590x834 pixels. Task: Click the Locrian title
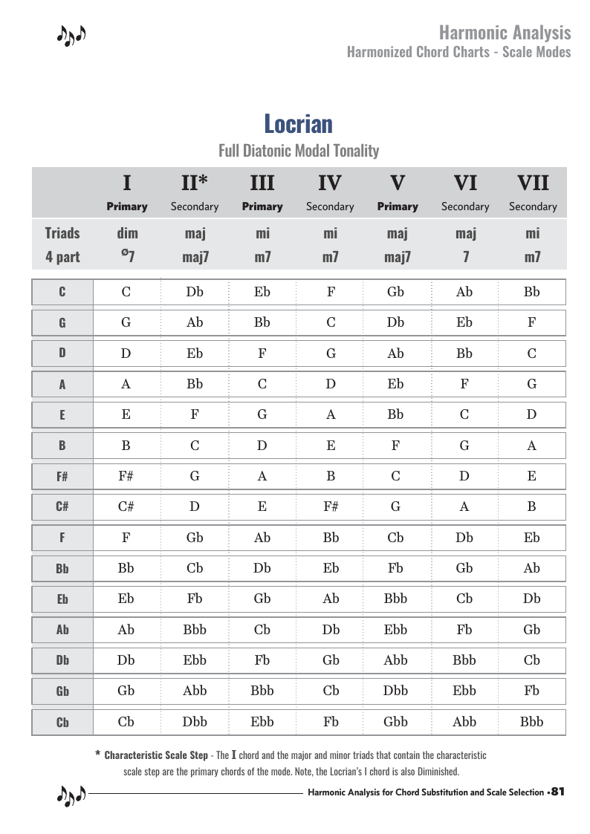click(x=298, y=123)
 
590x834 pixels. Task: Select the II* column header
click(x=194, y=183)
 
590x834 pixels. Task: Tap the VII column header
click(x=532, y=183)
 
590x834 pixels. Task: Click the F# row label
click(x=62, y=477)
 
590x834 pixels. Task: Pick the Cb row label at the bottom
click(x=62, y=722)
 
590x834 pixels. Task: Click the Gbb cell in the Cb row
click(x=395, y=721)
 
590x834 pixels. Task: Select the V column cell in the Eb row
click(x=395, y=599)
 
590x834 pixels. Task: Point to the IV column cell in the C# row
click(x=331, y=506)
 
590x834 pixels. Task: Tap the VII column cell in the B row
click(x=532, y=446)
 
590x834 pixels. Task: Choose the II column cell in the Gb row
click(x=195, y=690)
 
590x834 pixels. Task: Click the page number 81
click(x=558, y=792)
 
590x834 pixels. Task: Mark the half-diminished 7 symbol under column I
click(x=127, y=257)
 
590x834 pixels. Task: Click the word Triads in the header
click(x=62, y=233)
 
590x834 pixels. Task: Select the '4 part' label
click(x=62, y=258)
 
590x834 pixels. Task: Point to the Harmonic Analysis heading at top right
click(x=505, y=33)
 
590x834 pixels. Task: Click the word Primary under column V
click(x=398, y=206)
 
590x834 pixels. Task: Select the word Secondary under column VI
click(x=465, y=206)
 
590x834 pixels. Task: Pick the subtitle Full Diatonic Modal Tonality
click(x=299, y=151)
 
